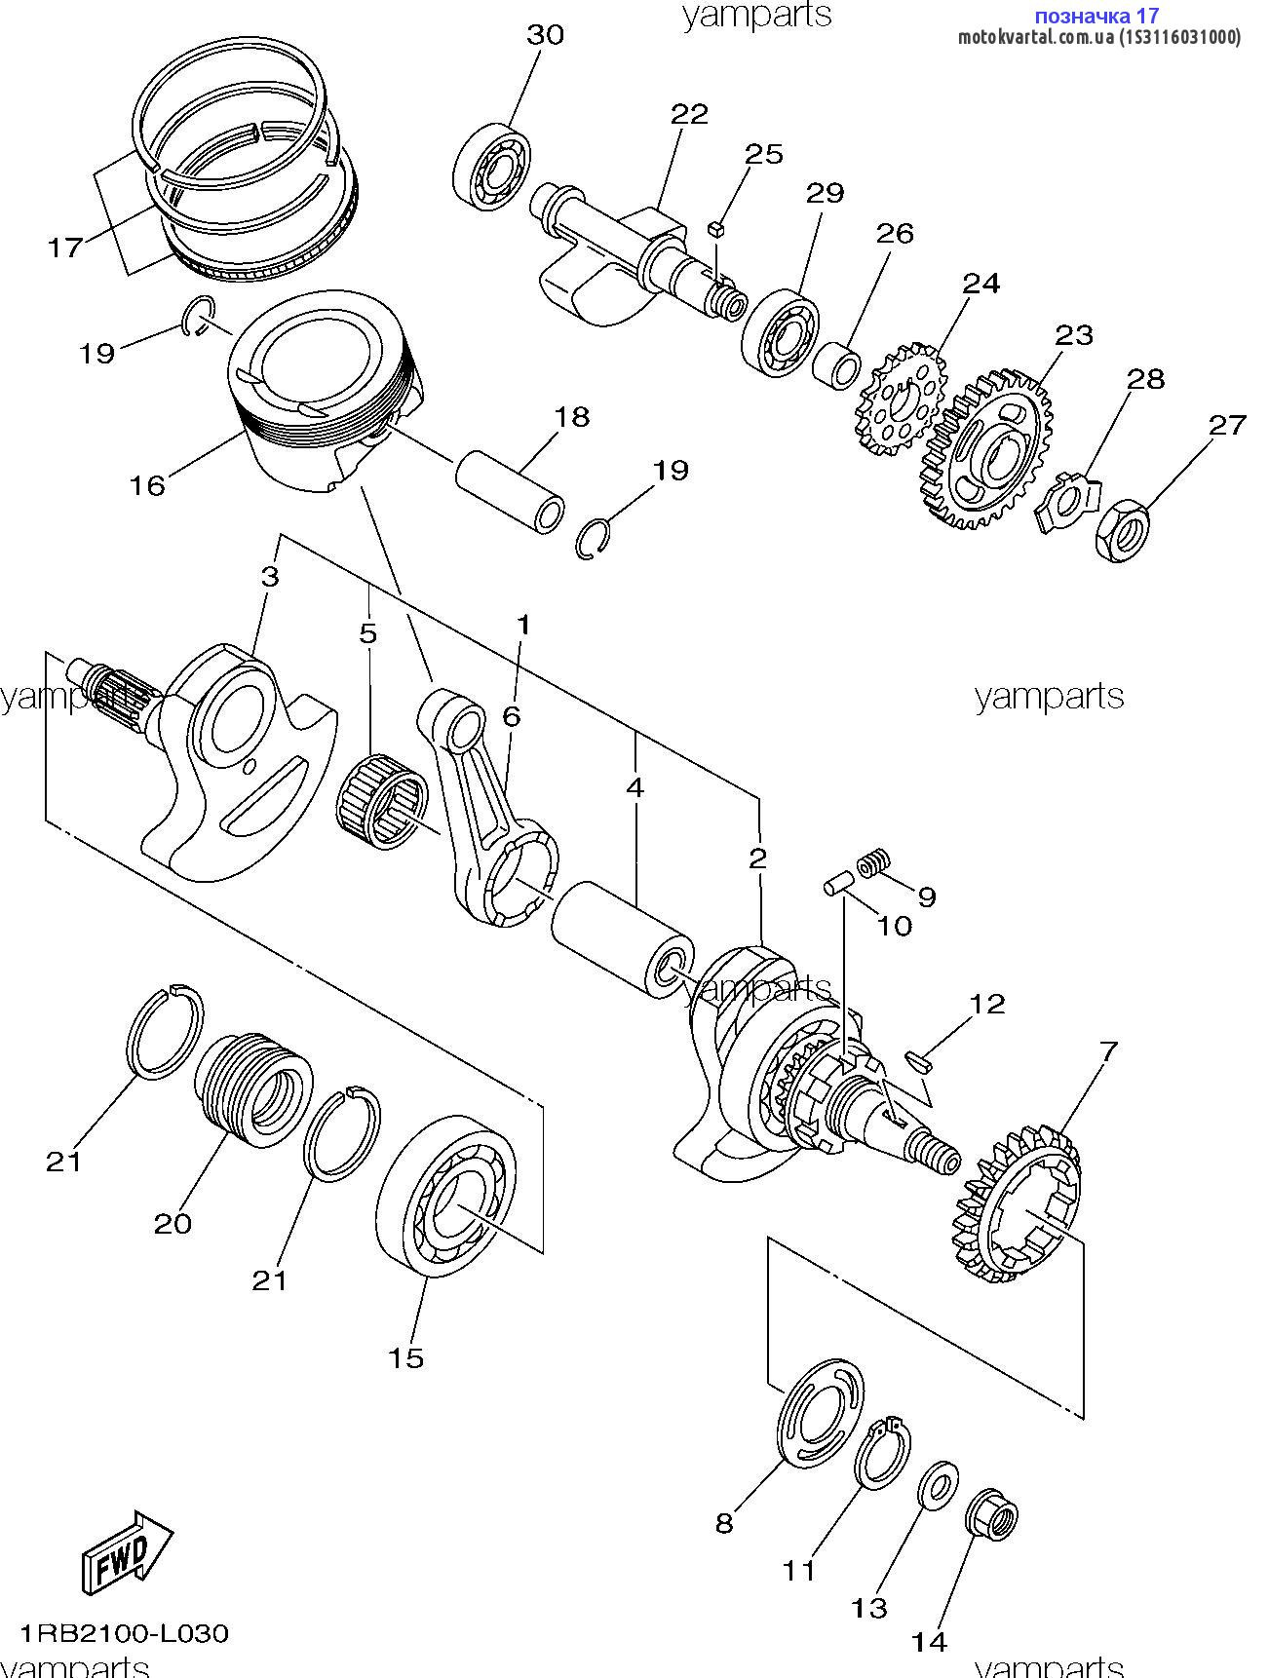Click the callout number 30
545,35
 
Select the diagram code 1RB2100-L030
124,1632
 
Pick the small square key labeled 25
717,229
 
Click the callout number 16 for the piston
148,484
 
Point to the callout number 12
987,1003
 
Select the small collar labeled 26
837,364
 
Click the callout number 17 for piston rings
66,248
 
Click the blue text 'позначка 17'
1096,16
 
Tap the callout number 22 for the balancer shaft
689,114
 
